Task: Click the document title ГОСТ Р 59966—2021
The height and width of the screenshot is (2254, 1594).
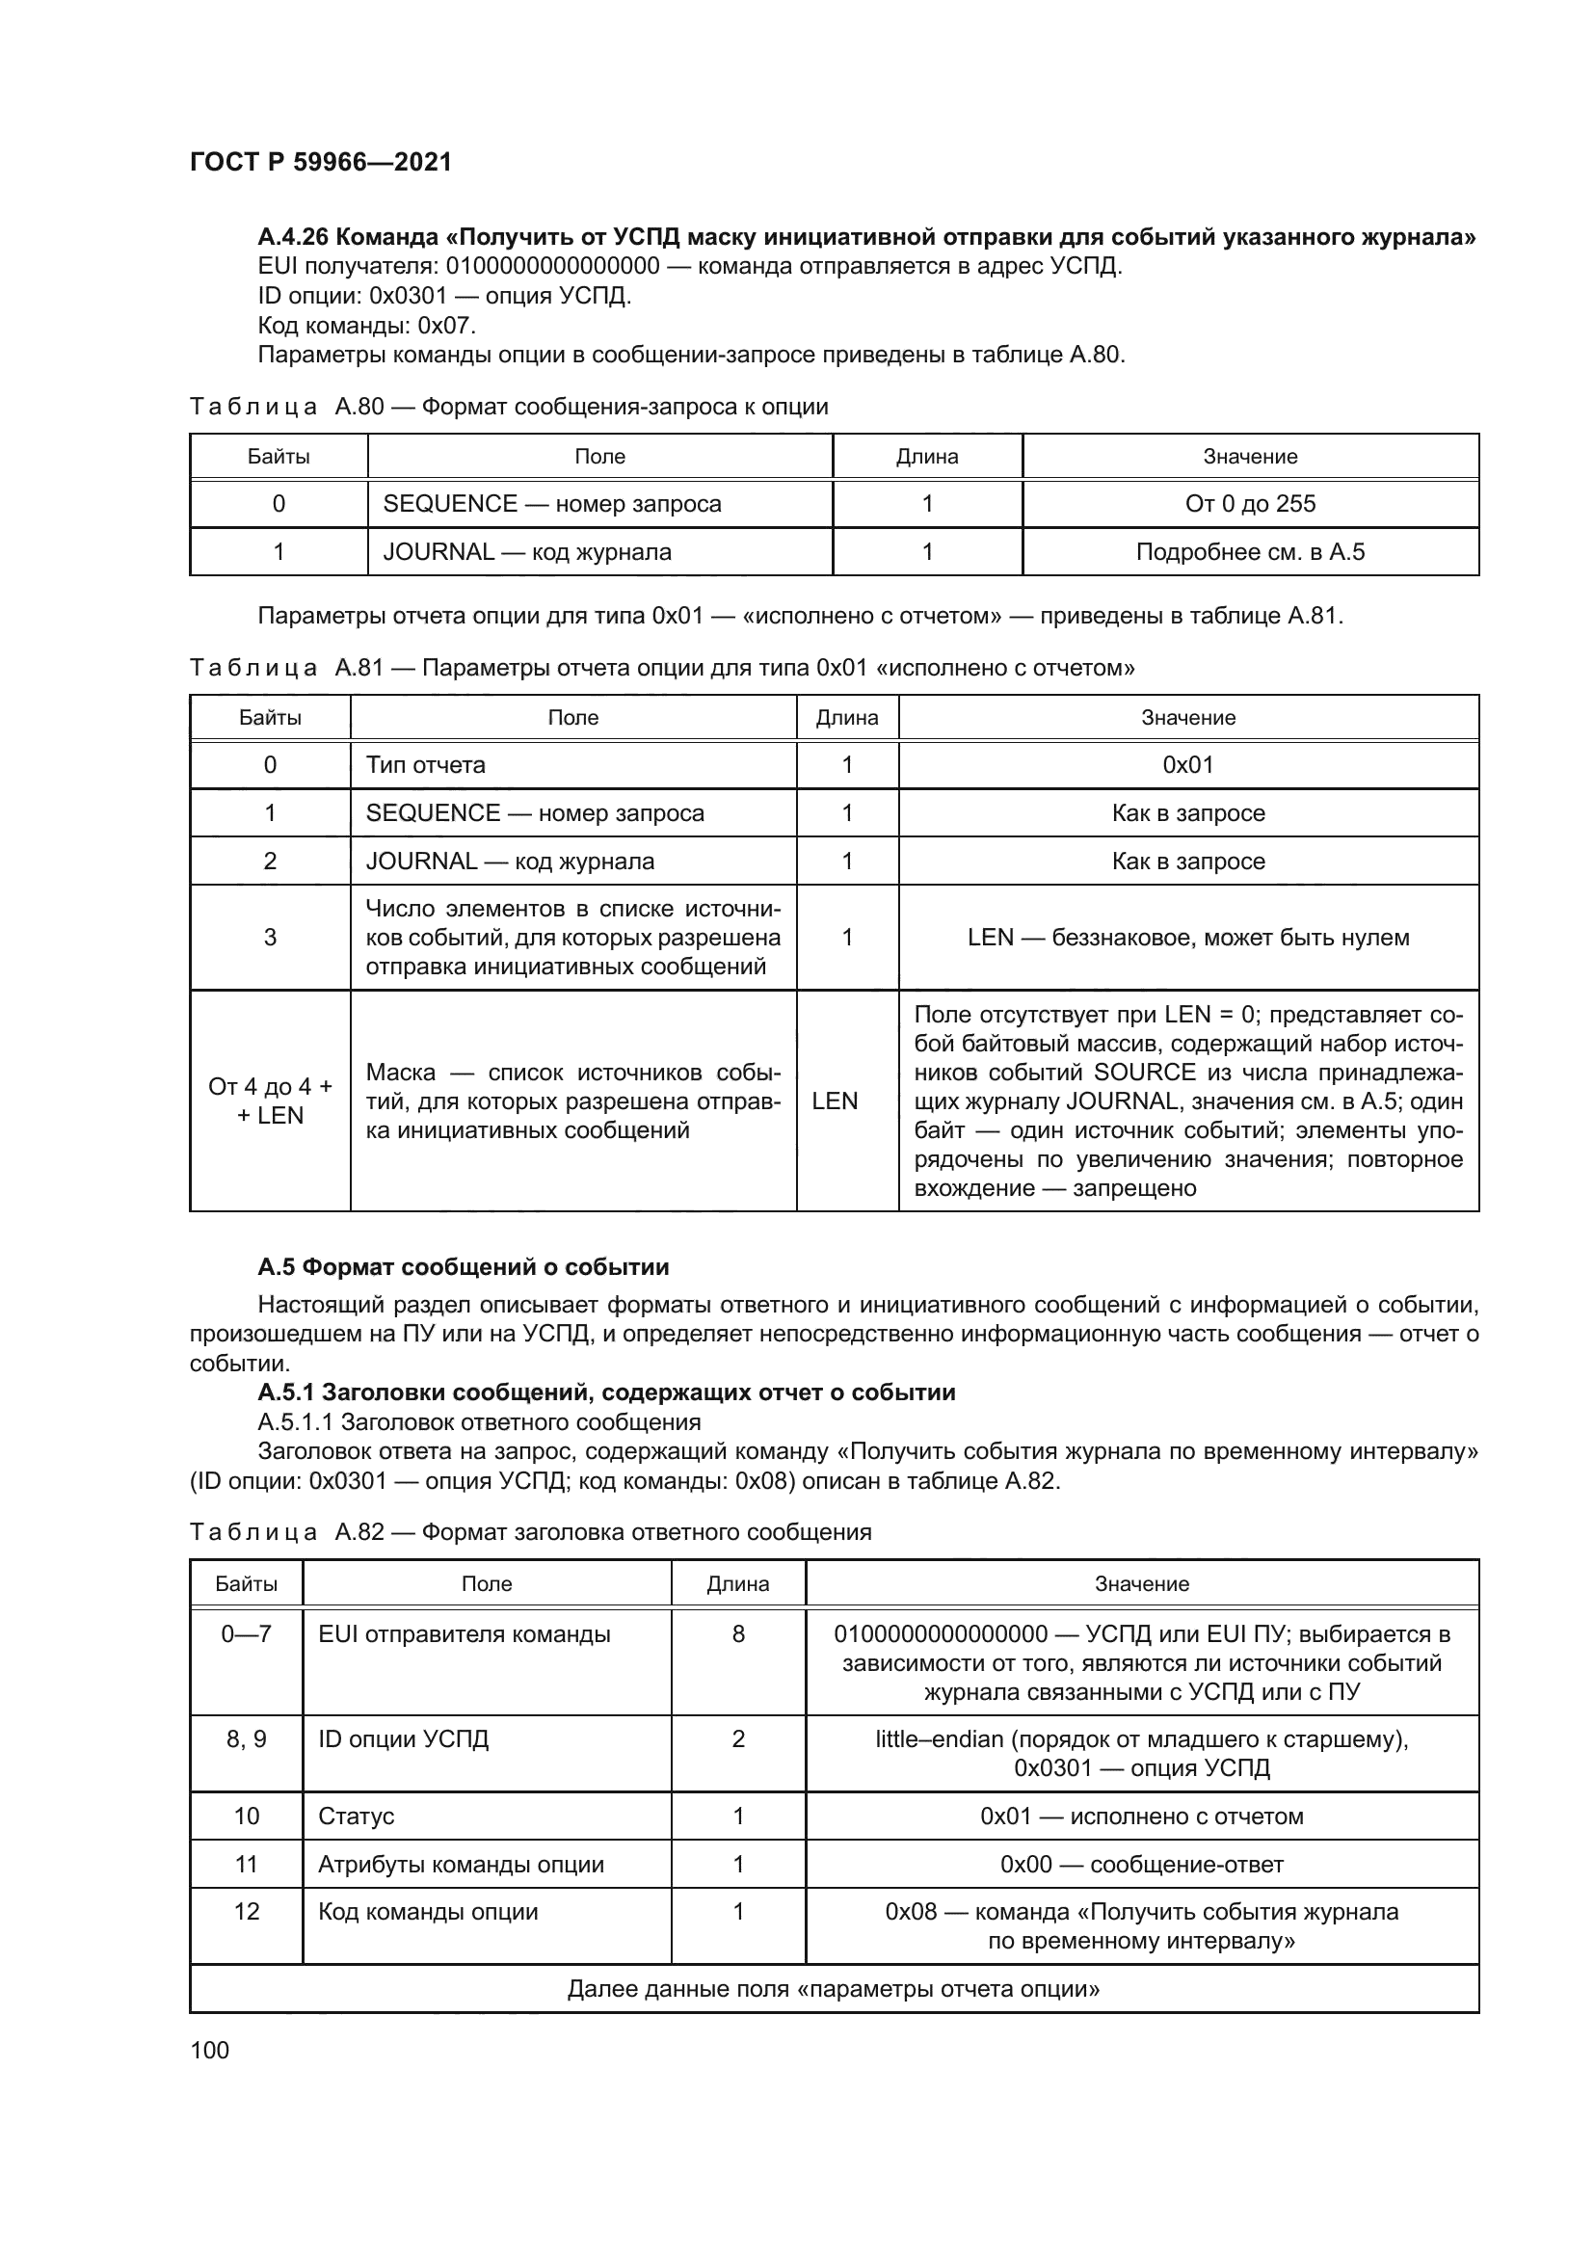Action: pos(320,162)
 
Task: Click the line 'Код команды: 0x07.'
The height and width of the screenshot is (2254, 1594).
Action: pos(366,325)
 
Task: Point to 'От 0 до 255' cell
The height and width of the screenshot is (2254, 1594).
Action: pos(1250,504)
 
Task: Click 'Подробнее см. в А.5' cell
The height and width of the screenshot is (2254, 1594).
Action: pos(1250,552)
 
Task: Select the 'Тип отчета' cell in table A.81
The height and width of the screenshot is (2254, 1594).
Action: pos(425,765)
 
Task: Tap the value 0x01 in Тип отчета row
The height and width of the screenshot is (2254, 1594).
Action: pos(1187,765)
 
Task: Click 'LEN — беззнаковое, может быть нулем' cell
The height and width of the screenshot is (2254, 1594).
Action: pos(1187,937)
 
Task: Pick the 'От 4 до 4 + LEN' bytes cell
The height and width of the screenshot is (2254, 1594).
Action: pos(270,1100)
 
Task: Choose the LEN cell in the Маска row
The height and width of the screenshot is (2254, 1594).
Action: pos(835,1100)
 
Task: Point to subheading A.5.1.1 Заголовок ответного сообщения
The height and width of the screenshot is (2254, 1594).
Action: pos(479,1421)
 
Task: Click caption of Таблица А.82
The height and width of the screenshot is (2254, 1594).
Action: pos(530,1531)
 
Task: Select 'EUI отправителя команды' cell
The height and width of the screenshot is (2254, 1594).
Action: pos(465,1633)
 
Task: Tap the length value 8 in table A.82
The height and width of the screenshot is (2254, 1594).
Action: pos(738,1633)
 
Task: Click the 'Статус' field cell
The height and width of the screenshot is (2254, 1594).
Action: pos(357,1816)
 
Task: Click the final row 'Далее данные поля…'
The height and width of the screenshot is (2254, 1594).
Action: pos(834,1989)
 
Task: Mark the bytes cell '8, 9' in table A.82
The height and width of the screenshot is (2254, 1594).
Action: pos(247,1738)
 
